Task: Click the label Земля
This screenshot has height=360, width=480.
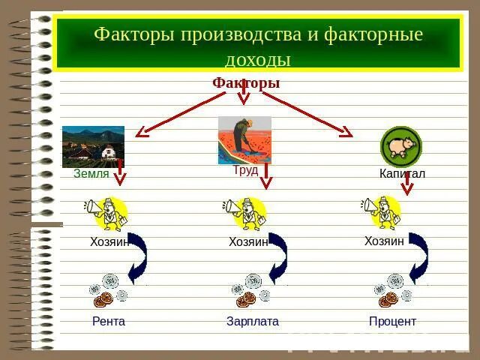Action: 91,173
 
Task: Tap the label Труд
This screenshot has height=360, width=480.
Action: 245,169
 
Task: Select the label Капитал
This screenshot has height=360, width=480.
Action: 402,173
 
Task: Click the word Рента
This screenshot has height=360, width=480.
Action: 108,322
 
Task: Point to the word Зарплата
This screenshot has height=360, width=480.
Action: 253,322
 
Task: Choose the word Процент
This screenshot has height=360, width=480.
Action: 392,322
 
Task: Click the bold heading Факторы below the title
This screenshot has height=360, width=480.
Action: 246,82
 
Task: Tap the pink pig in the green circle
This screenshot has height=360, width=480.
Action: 401,145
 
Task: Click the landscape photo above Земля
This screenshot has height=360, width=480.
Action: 93,147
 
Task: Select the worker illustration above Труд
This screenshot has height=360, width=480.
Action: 244,140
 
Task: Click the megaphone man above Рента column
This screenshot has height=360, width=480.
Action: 106,214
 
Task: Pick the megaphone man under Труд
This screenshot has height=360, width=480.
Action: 245,214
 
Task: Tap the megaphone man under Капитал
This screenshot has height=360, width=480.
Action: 381,212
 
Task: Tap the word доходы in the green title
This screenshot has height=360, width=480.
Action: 258,59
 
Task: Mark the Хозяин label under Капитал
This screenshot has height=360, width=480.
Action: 384,241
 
